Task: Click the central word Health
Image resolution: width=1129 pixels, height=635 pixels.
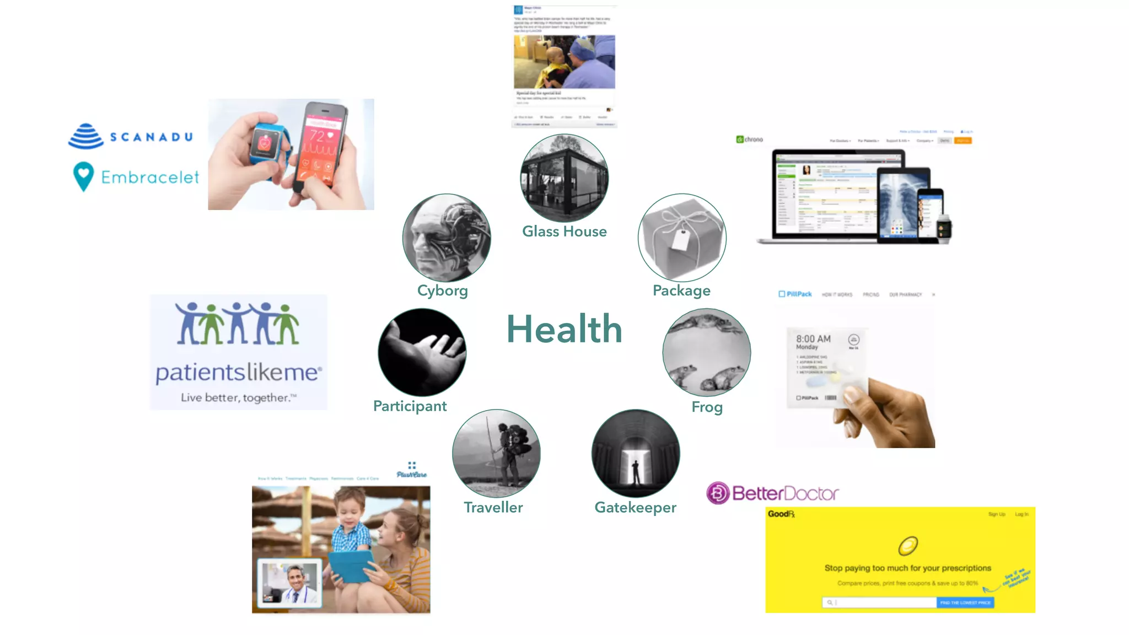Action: point(564,329)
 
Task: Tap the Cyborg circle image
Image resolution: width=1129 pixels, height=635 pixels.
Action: point(447,238)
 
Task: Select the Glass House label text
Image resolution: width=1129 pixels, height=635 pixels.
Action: point(564,232)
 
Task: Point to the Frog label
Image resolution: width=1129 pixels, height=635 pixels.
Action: point(707,407)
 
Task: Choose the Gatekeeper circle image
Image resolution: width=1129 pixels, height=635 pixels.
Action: point(636,453)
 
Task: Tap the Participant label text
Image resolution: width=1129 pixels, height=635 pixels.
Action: point(410,406)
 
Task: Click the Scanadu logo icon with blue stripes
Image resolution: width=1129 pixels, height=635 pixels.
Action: point(86,136)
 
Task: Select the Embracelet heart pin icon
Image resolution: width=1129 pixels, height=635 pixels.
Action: point(83,176)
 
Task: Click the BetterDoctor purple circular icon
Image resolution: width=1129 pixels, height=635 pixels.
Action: point(718,493)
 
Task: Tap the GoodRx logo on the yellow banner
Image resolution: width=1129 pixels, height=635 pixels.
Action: point(781,514)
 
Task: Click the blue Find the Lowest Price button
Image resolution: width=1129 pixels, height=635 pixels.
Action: point(965,602)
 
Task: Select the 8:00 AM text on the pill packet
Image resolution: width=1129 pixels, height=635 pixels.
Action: point(813,338)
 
